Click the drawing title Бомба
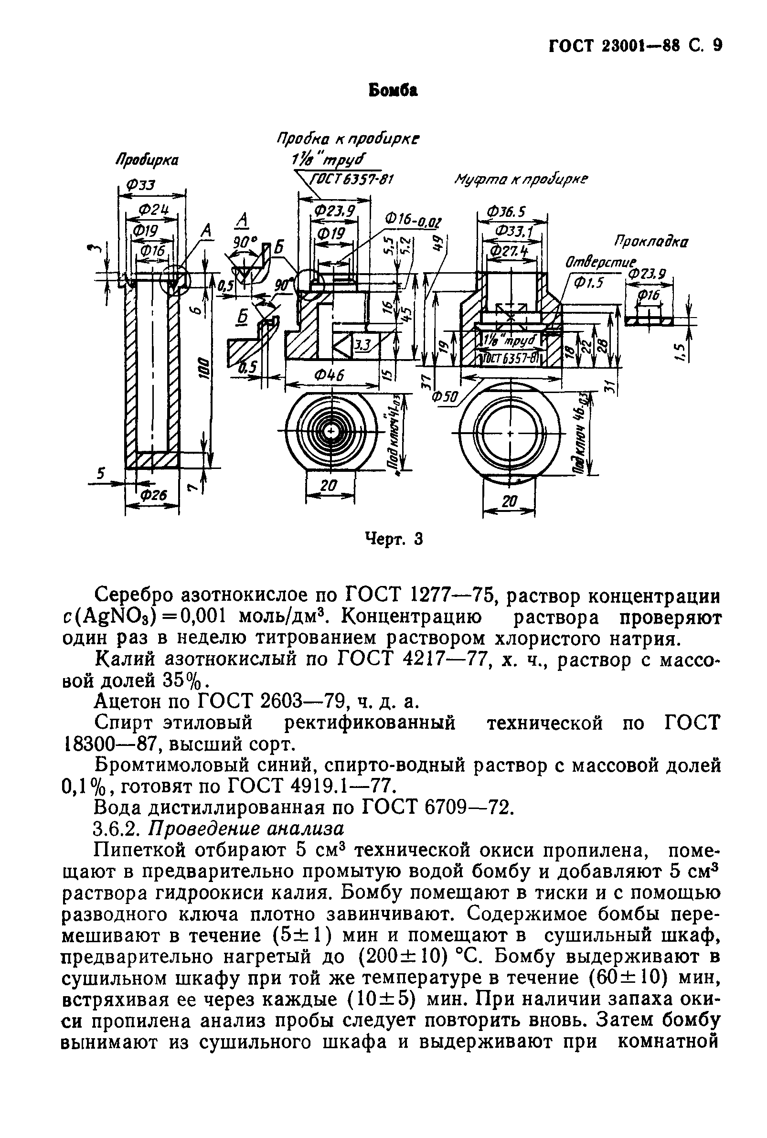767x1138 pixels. [x=393, y=91]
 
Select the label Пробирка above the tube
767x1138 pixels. [x=147, y=160]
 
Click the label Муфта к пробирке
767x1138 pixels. [x=522, y=179]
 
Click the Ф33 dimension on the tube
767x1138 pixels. [x=140, y=185]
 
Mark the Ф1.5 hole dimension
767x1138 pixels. [x=589, y=283]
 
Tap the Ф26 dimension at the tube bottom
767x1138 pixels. [x=154, y=495]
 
